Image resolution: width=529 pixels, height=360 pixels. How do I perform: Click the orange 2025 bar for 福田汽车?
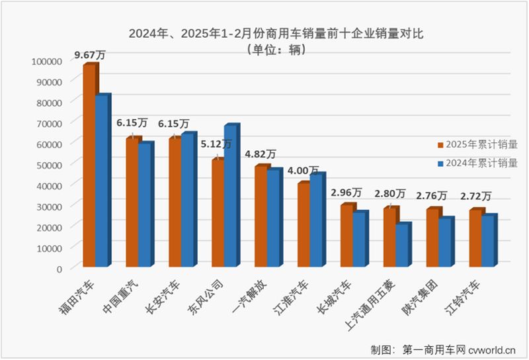coord(88,165)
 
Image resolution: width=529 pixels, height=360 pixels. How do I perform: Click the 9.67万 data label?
coord(89,54)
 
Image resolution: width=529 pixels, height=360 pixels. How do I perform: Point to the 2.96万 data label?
coord(346,193)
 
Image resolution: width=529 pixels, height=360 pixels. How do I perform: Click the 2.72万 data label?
coord(475,196)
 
